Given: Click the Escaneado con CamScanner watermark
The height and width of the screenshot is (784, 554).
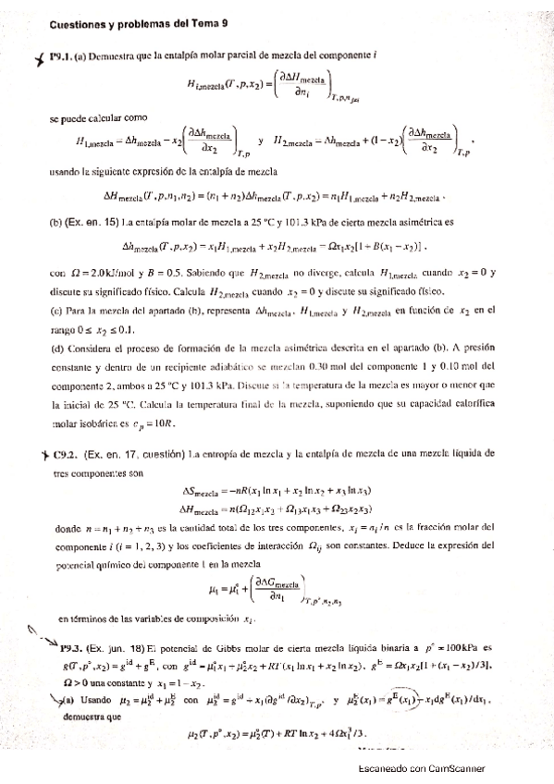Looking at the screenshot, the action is (421, 768).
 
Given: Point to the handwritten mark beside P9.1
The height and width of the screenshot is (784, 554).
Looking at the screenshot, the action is (38, 58).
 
